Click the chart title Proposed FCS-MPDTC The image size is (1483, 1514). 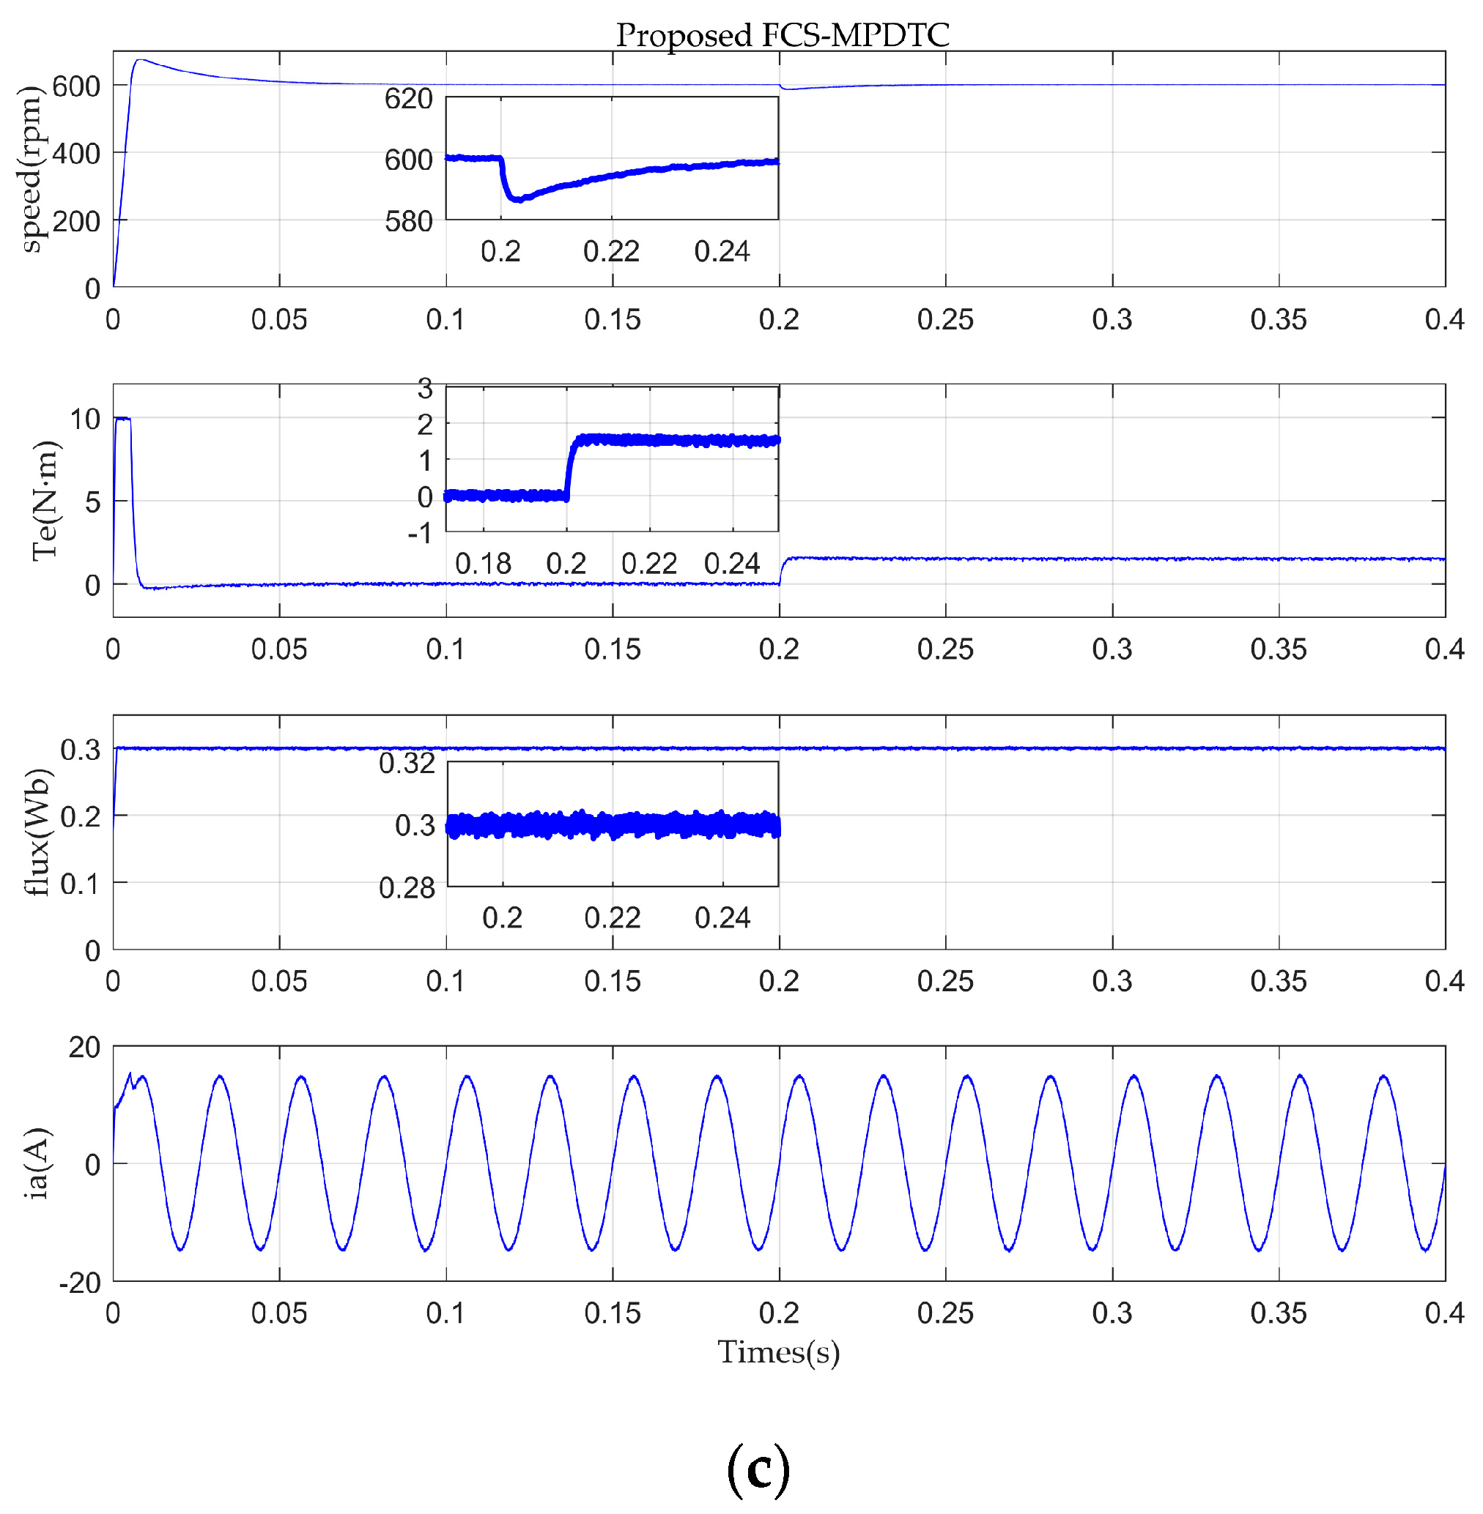click(782, 35)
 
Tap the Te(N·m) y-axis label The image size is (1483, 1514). click(45, 501)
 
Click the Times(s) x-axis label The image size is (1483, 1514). click(778, 1353)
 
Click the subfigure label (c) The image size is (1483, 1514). click(758, 1468)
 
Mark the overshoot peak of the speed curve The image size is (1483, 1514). click(139, 59)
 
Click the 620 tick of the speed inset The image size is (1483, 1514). click(408, 99)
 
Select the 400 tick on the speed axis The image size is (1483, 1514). click(75, 153)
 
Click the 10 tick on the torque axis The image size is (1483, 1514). click(85, 419)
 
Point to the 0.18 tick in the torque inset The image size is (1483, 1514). click(483, 564)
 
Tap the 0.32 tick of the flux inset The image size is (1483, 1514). click(407, 763)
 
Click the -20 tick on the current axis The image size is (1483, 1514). click(80, 1282)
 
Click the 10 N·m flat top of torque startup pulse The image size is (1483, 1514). click(122, 419)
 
